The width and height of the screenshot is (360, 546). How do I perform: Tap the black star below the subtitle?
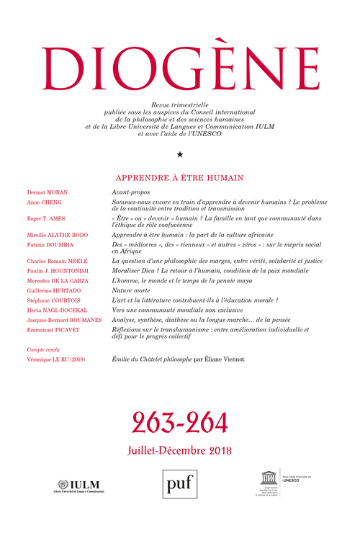[x=179, y=153]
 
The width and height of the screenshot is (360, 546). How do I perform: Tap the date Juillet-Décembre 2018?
[x=179, y=449]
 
